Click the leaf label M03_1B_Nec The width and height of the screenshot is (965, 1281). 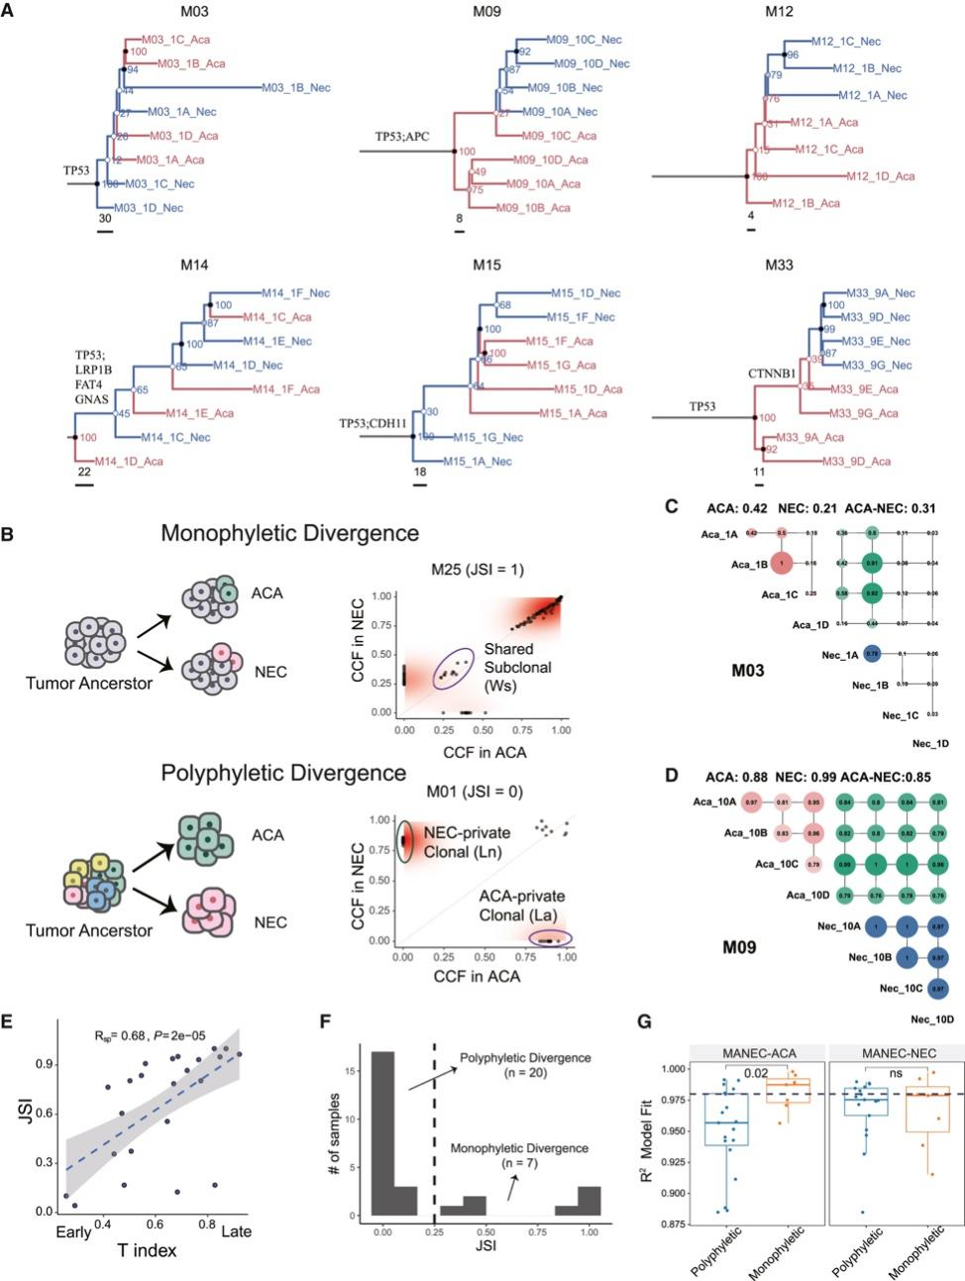click(x=296, y=88)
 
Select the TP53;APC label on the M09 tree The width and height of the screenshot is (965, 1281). click(x=401, y=136)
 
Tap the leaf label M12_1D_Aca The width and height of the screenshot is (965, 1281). click(x=880, y=176)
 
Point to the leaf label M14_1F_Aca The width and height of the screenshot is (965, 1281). click(x=285, y=389)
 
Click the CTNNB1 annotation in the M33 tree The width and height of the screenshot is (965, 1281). click(x=772, y=374)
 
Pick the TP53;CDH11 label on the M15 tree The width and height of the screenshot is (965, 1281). click(x=373, y=423)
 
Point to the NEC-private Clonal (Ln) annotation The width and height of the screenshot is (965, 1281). click(x=467, y=842)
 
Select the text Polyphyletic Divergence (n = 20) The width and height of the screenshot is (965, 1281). click(x=524, y=1065)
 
